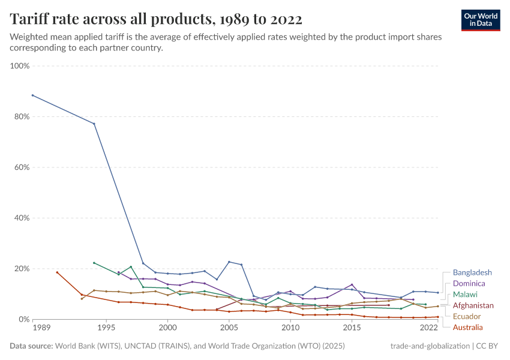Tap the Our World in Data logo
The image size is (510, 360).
[481, 20]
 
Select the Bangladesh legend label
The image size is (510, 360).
[472, 272]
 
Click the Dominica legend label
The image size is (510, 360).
[469, 283]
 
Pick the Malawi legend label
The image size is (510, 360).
[466, 295]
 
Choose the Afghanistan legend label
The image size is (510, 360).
[473, 305]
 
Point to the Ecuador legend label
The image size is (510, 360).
[467, 316]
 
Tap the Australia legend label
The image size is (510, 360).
[467, 327]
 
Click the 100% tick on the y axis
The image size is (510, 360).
[20, 66]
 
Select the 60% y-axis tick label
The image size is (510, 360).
[22, 167]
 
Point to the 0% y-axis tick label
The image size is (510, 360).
[24, 319]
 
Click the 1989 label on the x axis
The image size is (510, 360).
[41, 328]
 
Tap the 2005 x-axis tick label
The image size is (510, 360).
[229, 328]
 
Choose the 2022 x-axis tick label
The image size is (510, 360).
[429, 328]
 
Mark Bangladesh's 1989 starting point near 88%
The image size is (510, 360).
[32, 95]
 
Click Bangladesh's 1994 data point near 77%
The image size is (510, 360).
[94, 124]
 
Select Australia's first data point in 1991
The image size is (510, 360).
[57, 272]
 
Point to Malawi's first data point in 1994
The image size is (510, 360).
[94, 263]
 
